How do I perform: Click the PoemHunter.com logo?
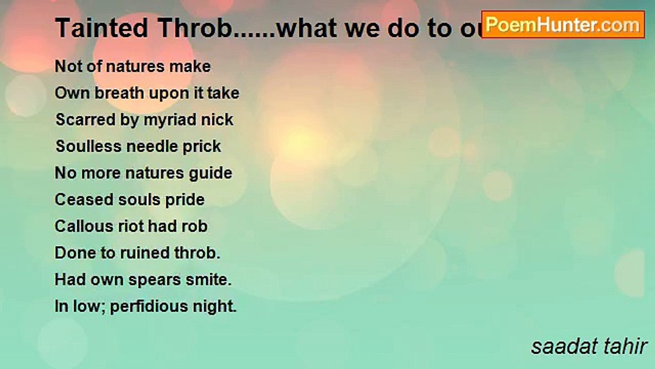(562, 24)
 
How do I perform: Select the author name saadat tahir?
(589, 346)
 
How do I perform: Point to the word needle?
(151, 147)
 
